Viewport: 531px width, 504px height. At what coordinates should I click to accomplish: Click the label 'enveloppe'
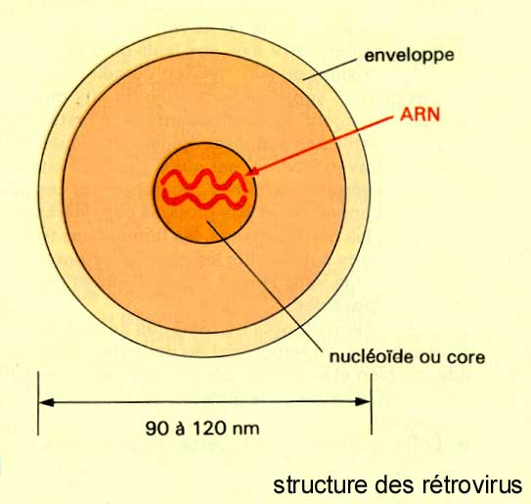click(x=409, y=56)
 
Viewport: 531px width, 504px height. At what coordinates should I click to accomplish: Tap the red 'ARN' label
click(x=420, y=115)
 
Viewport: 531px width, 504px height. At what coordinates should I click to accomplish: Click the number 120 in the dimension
click(x=209, y=428)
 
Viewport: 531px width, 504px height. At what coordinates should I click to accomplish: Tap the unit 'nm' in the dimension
click(x=246, y=430)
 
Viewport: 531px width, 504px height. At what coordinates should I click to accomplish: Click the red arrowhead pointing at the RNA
click(x=251, y=171)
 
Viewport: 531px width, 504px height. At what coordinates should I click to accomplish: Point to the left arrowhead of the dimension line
click(x=47, y=402)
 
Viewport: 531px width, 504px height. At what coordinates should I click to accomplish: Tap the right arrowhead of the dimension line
click(x=363, y=402)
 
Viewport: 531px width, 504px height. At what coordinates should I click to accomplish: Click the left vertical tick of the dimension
click(x=38, y=403)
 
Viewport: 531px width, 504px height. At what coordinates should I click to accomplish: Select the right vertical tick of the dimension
click(x=372, y=403)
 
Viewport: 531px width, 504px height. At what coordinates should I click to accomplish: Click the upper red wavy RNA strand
click(x=204, y=179)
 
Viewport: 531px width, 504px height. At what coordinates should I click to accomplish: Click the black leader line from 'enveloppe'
click(x=330, y=69)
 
